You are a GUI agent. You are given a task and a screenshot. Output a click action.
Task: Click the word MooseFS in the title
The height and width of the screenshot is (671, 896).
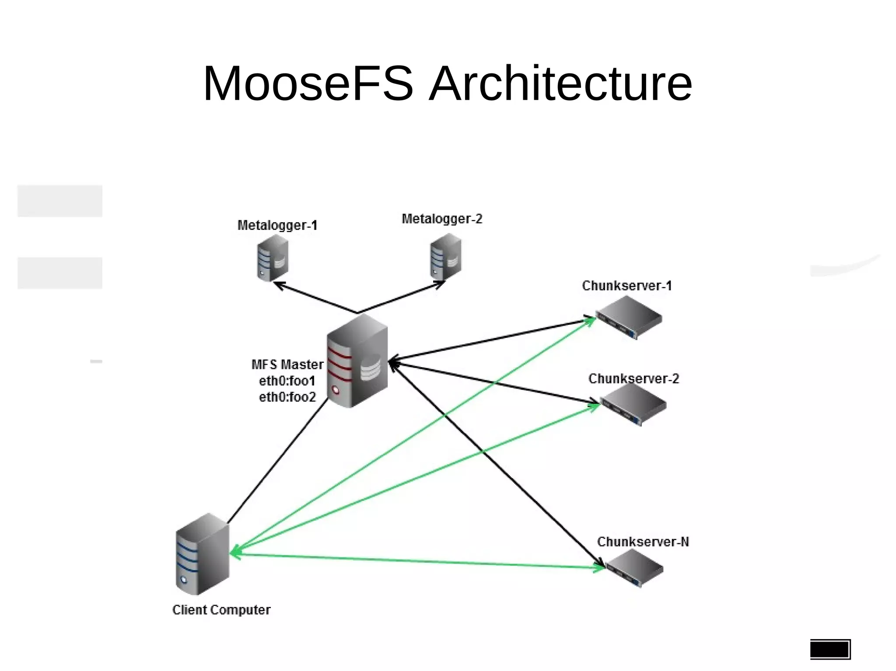pyautogui.click(x=308, y=83)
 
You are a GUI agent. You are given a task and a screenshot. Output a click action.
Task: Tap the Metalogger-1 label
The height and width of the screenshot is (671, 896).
pyautogui.click(x=277, y=225)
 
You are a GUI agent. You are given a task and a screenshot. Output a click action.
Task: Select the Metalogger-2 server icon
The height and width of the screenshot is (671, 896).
pyautogui.click(x=445, y=257)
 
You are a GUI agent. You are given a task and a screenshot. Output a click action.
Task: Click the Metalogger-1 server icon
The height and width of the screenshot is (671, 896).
pyautogui.click(x=272, y=258)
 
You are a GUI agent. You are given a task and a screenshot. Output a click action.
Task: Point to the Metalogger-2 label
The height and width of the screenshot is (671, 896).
pyautogui.click(x=442, y=219)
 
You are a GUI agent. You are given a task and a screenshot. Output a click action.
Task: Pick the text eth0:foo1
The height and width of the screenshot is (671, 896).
pyautogui.click(x=287, y=381)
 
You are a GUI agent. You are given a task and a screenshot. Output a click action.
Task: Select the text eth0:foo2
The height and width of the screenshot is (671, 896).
pyautogui.click(x=287, y=397)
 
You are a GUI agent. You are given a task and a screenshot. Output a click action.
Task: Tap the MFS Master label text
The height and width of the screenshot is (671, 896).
pyautogui.click(x=287, y=364)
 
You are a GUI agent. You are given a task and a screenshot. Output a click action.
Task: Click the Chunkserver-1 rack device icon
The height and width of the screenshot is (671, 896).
pyautogui.click(x=629, y=316)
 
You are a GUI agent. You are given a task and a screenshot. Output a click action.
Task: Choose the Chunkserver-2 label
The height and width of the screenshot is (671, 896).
pyautogui.click(x=633, y=379)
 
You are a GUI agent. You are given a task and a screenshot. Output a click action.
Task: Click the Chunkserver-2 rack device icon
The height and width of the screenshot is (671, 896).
pyautogui.click(x=633, y=404)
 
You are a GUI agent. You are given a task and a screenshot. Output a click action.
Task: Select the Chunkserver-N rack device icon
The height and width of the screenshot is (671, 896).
pyautogui.click(x=634, y=567)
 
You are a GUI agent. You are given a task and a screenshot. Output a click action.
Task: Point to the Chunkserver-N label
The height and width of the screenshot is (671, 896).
pyautogui.click(x=643, y=542)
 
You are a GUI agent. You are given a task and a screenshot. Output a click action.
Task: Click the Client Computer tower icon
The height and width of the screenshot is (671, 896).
pyautogui.click(x=202, y=554)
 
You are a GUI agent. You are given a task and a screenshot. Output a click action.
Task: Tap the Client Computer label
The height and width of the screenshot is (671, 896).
pyautogui.click(x=221, y=610)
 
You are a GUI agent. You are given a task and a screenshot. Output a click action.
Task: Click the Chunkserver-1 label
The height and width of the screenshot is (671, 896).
pyautogui.click(x=626, y=285)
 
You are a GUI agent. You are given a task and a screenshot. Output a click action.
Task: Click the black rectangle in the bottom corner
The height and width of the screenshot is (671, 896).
pyautogui.click(x=830, y=649)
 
